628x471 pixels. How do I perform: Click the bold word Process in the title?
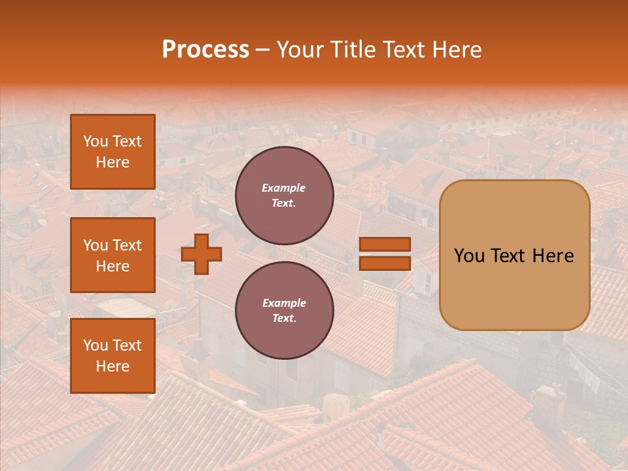pyautogui.click(x=205, y=50)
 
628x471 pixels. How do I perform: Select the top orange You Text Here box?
pyautogui.click(x=113, y=152)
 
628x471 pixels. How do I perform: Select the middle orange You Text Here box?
pyautogui.click(x=113, y=255)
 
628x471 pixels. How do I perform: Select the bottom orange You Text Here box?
pyautogui.click(x=113, y=356)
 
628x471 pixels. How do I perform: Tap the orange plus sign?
pyautogui.click(x=201, y=254)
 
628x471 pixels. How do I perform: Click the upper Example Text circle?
pyautogui.click(x=284, y=196)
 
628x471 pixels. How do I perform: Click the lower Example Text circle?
pyautogui.click(x=284, y=311)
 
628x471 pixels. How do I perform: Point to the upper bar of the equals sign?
pyautogui.click(x=385, y=245)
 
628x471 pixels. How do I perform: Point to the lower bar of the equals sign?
pyautogui.click(x=385, y=263)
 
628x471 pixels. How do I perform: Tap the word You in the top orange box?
pyautogui.click(x=94, y=141)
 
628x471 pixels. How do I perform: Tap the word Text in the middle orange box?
pyautogui.click(x=127, y=245)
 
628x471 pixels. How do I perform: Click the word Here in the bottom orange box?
pyautogui.click(x=113, y=366)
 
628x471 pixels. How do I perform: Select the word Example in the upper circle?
pyautogui.click(x=284, y=188)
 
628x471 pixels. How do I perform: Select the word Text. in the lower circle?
pyautogui.click(x=284, y=319)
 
